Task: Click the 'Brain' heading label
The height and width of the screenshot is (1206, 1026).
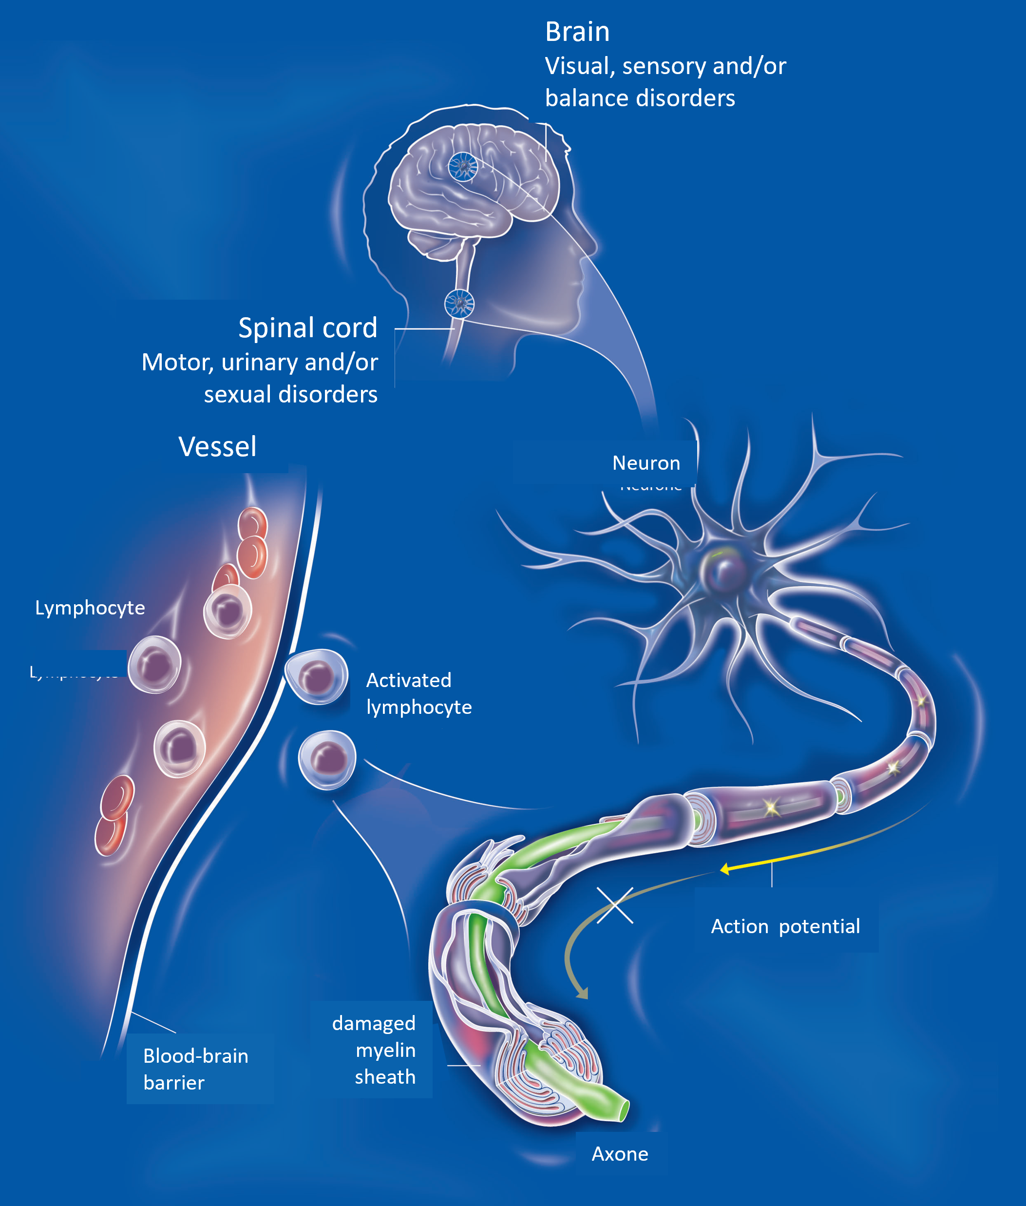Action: [x=577, y=32]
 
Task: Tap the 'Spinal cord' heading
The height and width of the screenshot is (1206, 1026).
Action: [x=308, y=328]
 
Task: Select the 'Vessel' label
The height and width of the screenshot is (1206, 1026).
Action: [x=217, y=447]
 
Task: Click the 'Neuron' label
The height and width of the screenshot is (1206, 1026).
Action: [x=646, y=463]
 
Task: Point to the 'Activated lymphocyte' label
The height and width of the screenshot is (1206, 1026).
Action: [x=418, y=693]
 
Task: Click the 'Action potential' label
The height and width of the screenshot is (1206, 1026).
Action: [x=785, y=926]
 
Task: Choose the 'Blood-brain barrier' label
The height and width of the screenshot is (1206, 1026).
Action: [x=195, y=1069]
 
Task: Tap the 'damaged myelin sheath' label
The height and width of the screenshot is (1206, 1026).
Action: [x=375, y=1050]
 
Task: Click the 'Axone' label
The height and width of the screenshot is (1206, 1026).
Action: [x=619, y=1154]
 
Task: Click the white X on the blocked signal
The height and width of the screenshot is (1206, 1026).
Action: [x=615, y=905]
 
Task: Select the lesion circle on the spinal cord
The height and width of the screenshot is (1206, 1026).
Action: [x=459, y=303]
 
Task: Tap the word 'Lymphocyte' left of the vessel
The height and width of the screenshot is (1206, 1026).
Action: [x=90, y=608]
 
